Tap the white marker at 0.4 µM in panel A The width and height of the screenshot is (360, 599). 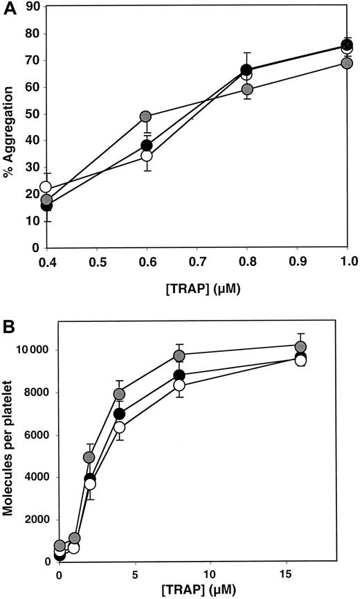tap(46, 186)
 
